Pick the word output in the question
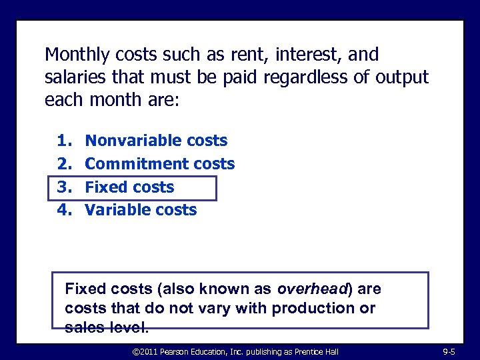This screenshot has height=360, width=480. point(401,77)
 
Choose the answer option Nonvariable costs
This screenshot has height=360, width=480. point(156,141)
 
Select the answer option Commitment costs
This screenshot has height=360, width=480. point(160,164)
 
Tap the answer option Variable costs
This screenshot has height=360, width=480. point(141,210)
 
